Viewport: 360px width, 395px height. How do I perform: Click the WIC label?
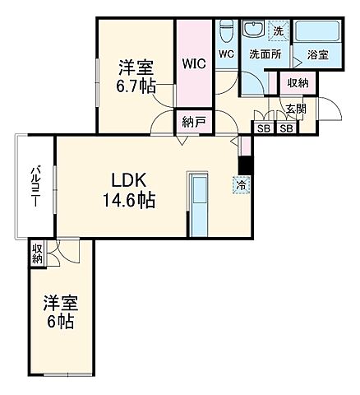pyautogui.click(x=195, y=63)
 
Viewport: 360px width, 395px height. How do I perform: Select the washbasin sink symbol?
pyautogui.click(x=254, y=30)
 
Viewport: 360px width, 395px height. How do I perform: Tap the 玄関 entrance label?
pyautogui.click(x=295, y=108)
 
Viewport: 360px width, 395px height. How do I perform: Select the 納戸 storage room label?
pyautogui.click(x=195, y=122)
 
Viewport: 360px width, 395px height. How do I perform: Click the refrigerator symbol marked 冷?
pyautogui.click(x=242, y=186)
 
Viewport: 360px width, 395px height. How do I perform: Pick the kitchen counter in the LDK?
pyautogui.click(x=199, y=203)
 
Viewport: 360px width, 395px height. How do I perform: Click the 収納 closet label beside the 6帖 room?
pyautogui.click(x=37, y=253)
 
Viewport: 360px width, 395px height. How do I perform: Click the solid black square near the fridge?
pyautogui.click(x=243, y=165)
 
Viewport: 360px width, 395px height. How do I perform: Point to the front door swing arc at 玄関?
pyautogui.click(x=330, y=109)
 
